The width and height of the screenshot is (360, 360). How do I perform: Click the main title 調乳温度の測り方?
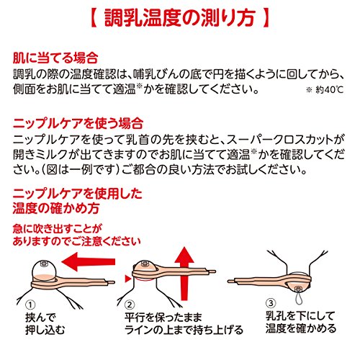point(179,18)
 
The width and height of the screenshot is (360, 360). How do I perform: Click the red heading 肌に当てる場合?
point(55,58)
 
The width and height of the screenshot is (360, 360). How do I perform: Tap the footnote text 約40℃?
point(330,90)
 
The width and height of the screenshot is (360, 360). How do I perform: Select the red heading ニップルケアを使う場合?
point(78,124)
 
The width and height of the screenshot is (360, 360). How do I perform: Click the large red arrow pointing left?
point(89,261)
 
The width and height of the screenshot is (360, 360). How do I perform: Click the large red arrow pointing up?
point(184,274)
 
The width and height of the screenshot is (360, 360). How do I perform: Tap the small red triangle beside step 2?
point(128,279)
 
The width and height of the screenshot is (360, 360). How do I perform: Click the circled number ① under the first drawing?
point(30,305)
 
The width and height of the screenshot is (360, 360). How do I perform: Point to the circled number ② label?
point(130,305)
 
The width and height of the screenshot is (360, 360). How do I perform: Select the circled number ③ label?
point(271,303)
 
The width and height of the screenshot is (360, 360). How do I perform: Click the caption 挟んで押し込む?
point(45,323)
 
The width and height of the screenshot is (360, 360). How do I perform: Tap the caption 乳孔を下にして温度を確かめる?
point(301,322)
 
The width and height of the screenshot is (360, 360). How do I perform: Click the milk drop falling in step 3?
point(299,297)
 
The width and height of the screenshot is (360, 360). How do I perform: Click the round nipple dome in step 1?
point(44,270)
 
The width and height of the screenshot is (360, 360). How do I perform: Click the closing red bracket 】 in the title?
point(266,18)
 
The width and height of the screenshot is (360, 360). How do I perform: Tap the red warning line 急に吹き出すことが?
point(58,229)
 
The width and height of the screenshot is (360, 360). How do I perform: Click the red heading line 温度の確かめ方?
point(56,208)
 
